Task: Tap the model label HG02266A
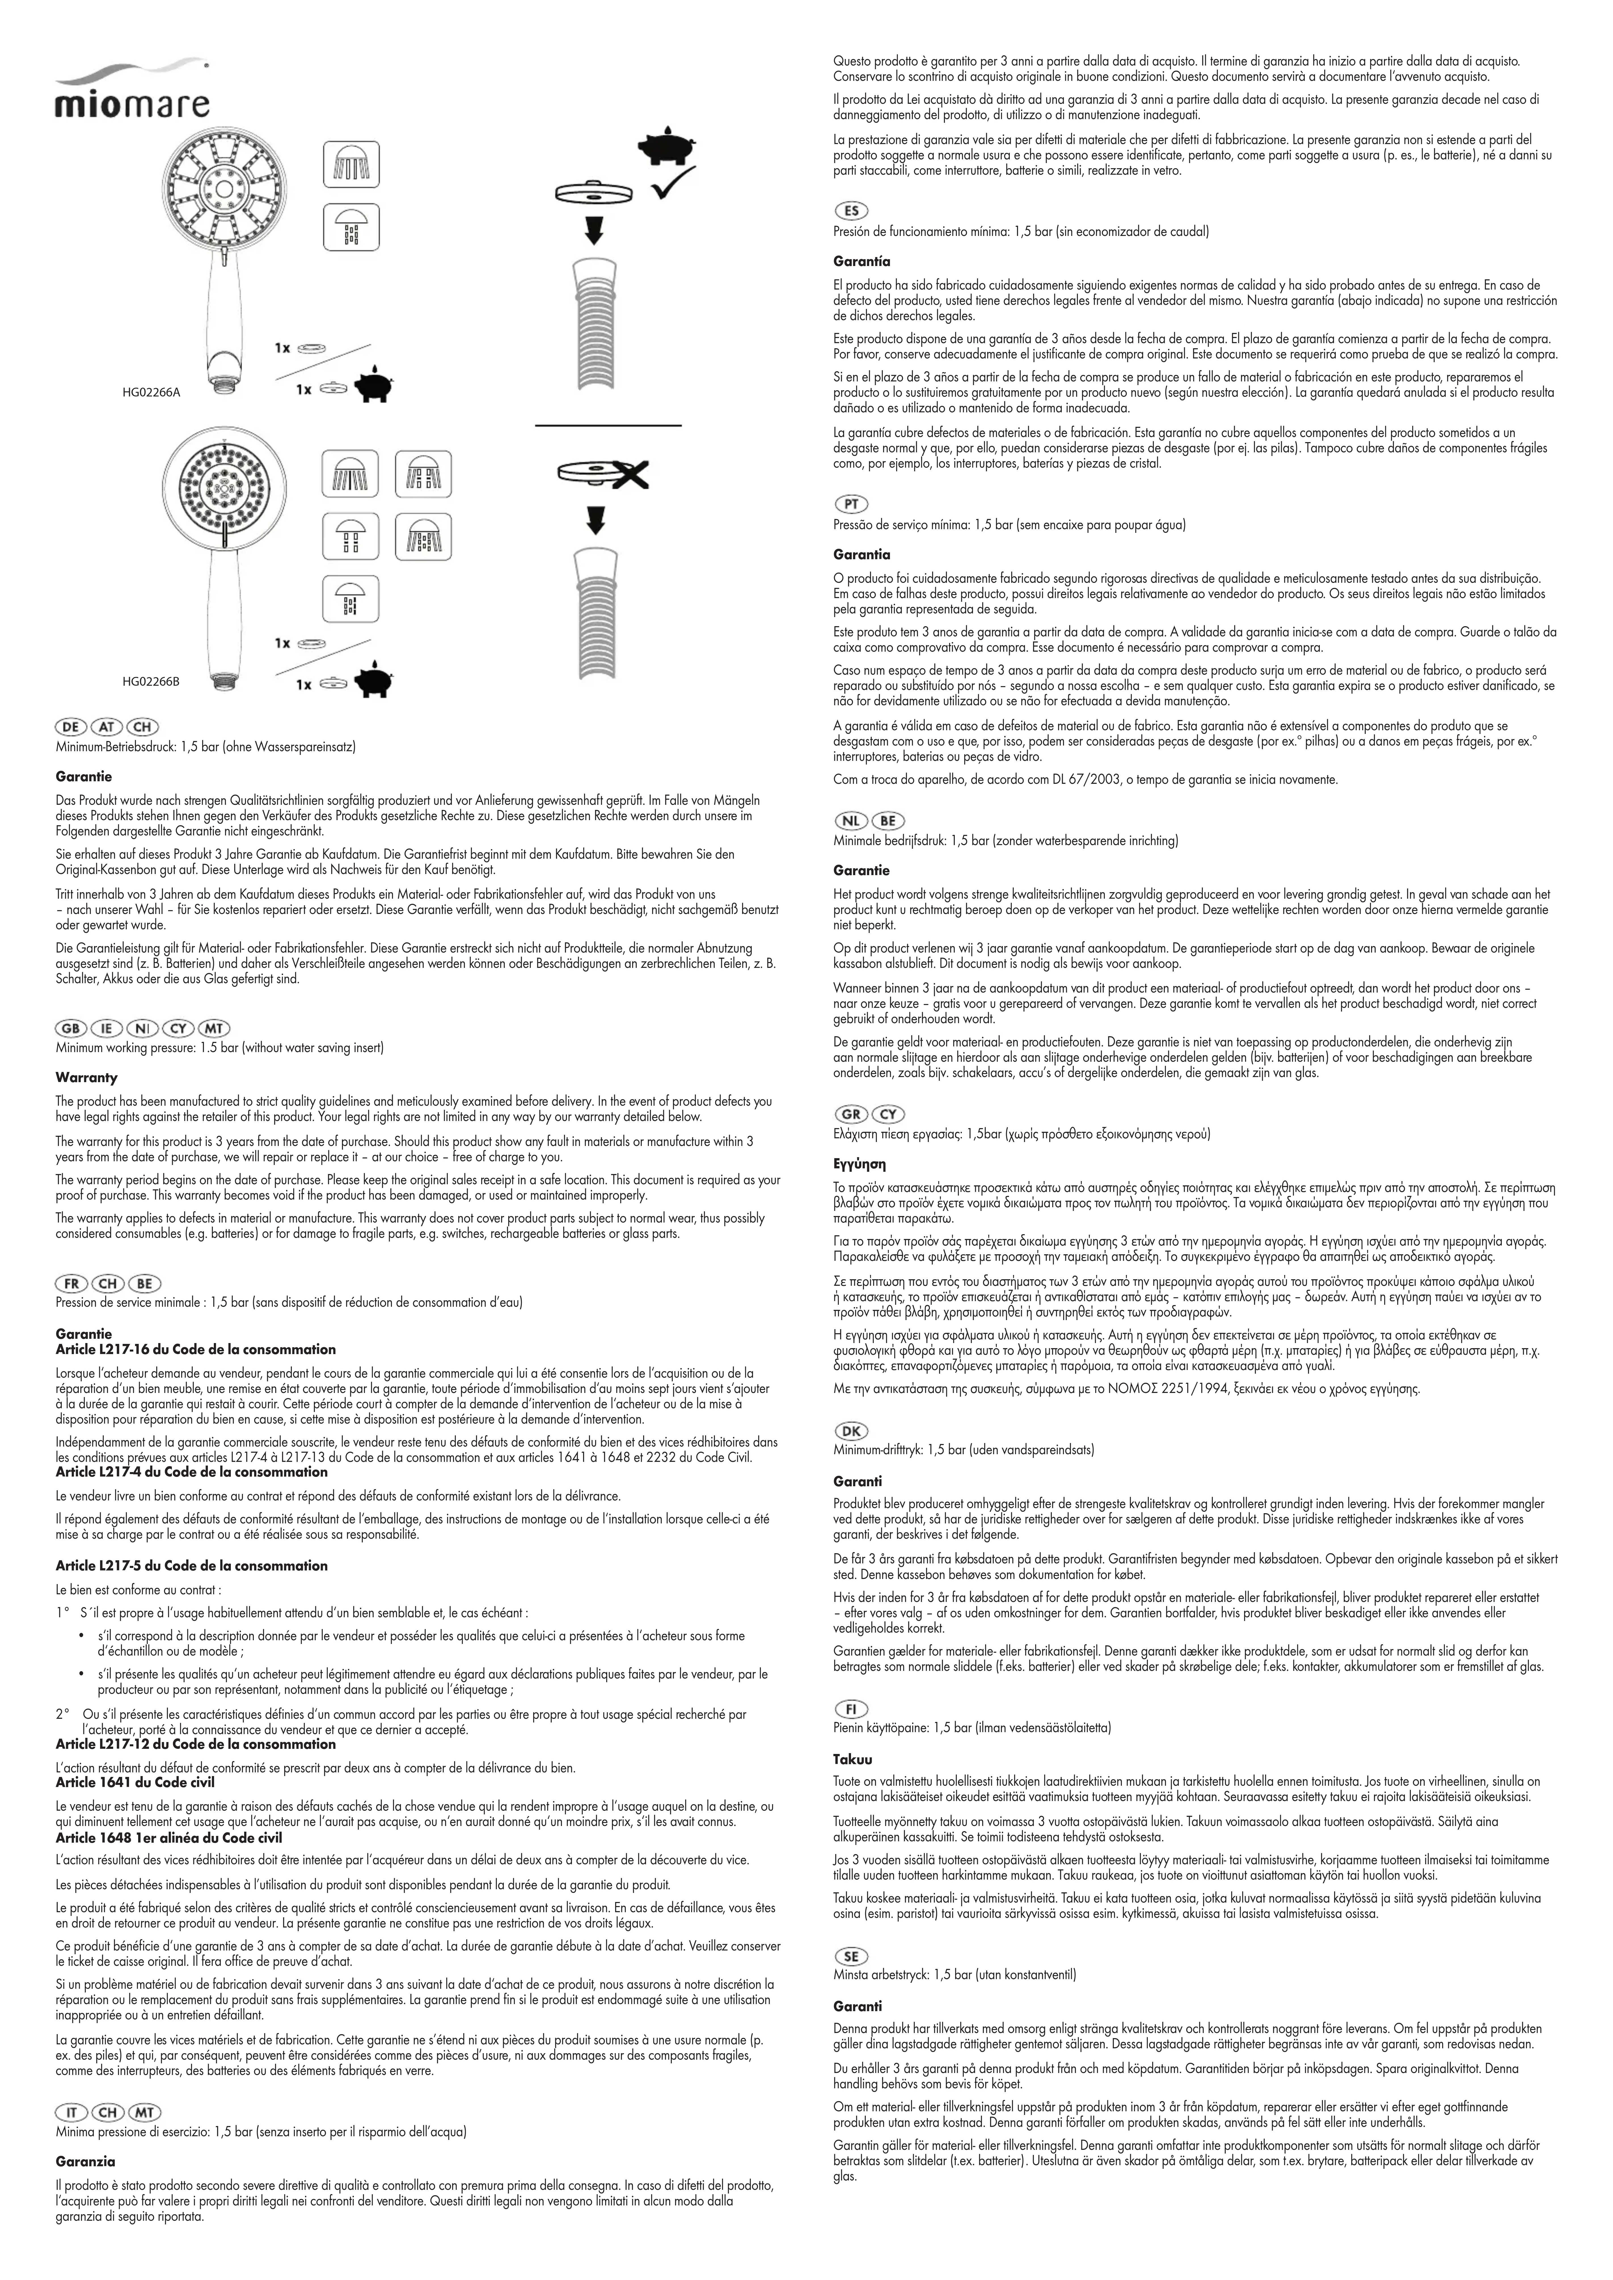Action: coord(151,392)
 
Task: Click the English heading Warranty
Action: coord(86,1077)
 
